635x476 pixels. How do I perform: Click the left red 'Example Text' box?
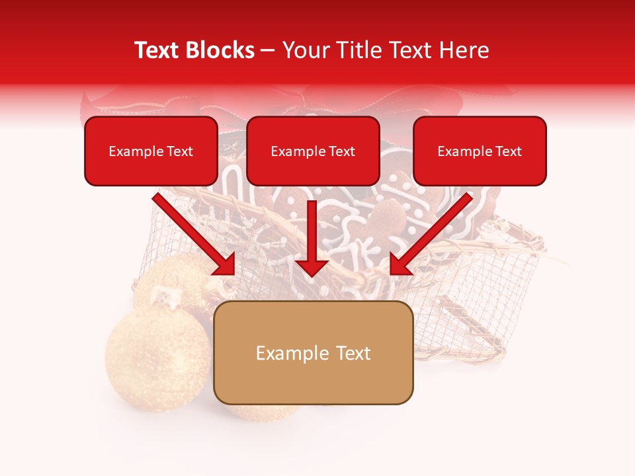(151, 151)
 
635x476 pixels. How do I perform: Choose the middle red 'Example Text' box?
(313, 151)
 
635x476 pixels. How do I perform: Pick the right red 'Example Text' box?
(480, 151)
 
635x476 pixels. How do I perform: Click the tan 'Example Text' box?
(314, 353)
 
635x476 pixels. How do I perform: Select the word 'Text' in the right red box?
(507, 151)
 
